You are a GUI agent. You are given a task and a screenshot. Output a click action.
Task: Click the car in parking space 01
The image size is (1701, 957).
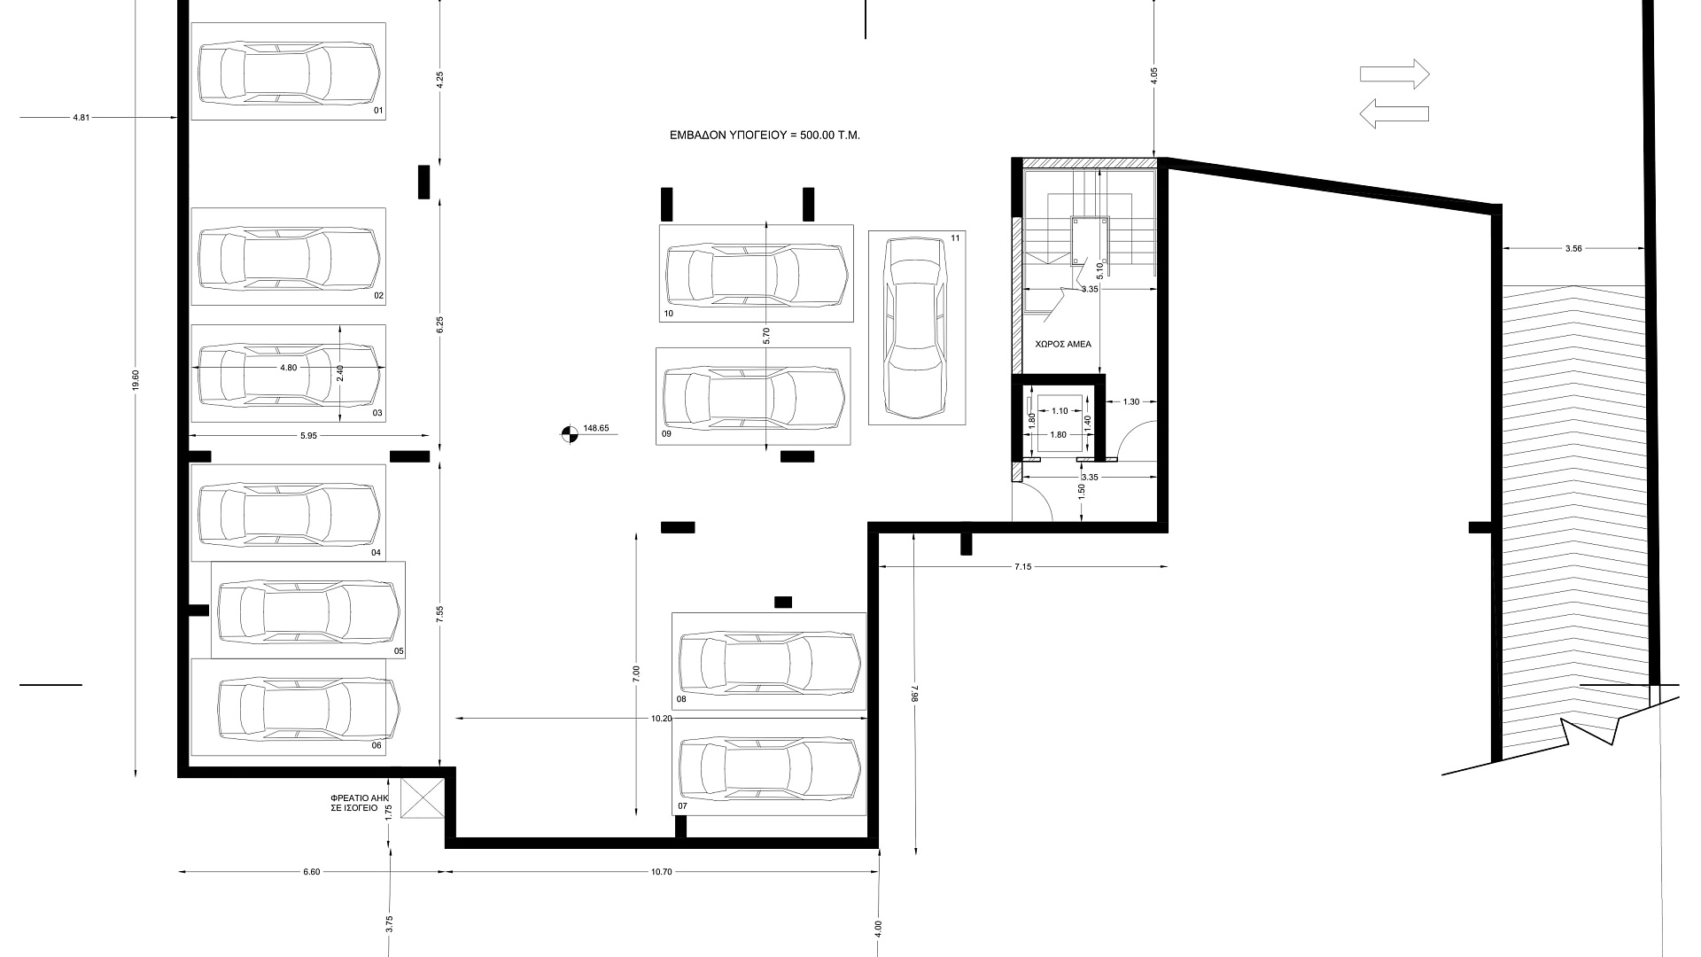[289, 71]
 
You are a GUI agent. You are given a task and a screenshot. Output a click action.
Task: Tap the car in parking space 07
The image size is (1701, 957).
[769, 769]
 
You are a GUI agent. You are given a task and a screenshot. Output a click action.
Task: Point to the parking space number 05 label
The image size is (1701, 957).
[399, 651]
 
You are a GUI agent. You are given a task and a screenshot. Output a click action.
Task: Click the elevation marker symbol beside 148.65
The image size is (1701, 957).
[569, 434]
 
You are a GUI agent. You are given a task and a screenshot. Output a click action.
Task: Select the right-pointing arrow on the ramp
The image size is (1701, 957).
[1394, 74]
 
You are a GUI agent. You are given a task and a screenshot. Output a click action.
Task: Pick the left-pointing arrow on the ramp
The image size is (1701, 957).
[1394, 113]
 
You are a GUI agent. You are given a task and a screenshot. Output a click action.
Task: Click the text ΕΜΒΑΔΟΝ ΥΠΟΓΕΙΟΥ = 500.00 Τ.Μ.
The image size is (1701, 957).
[765, 136]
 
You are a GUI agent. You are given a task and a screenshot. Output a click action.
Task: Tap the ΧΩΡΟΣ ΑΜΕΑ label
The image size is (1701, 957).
[1063, 344]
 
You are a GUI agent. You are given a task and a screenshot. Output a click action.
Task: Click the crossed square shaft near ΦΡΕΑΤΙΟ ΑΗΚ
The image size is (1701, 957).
[422, 798]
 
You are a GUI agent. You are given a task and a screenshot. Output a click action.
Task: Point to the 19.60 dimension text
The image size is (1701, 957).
[135, 380]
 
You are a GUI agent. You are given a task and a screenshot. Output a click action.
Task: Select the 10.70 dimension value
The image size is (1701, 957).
[662, 872]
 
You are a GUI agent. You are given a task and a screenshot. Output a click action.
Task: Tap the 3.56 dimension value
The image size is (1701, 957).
[1573, 249]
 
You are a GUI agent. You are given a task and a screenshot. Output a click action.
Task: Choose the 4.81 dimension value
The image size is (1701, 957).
[82, 117]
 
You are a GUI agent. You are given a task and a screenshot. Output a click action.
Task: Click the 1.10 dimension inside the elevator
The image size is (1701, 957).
[1060, 411]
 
